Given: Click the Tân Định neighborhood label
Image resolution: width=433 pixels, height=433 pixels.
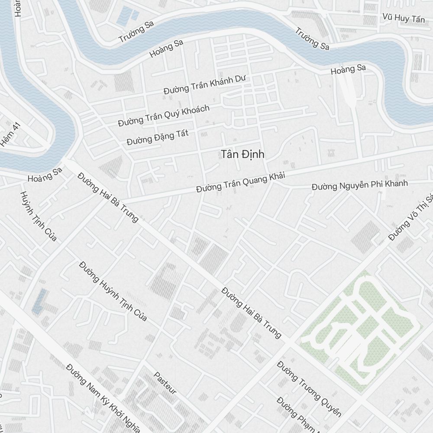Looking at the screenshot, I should pos(242,154).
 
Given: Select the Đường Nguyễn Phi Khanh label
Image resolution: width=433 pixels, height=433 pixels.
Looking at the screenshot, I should pos(359,185).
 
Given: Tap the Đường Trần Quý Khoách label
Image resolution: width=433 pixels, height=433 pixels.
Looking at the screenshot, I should pos(164,116).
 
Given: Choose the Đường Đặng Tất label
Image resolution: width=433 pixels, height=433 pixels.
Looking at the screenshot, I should pos(158,138).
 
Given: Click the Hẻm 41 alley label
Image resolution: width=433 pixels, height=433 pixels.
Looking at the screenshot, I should pos(11,134).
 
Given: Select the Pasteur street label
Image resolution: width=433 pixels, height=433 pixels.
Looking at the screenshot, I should pos(165,383).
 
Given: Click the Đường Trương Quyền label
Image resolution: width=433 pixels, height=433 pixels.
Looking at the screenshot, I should pos(309,388).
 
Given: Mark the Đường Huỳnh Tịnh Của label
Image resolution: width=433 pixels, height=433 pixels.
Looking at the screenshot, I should pos(113,291).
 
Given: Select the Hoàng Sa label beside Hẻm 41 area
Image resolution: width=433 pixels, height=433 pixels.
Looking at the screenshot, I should pos(45,174).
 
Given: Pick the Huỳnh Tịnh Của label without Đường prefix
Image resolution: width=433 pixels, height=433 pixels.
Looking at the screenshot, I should pos(39,216).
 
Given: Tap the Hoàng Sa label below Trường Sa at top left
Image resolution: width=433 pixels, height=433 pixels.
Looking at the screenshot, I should pos(166,48).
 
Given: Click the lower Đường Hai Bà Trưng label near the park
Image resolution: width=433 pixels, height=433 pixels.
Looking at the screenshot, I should pos(251,312).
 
